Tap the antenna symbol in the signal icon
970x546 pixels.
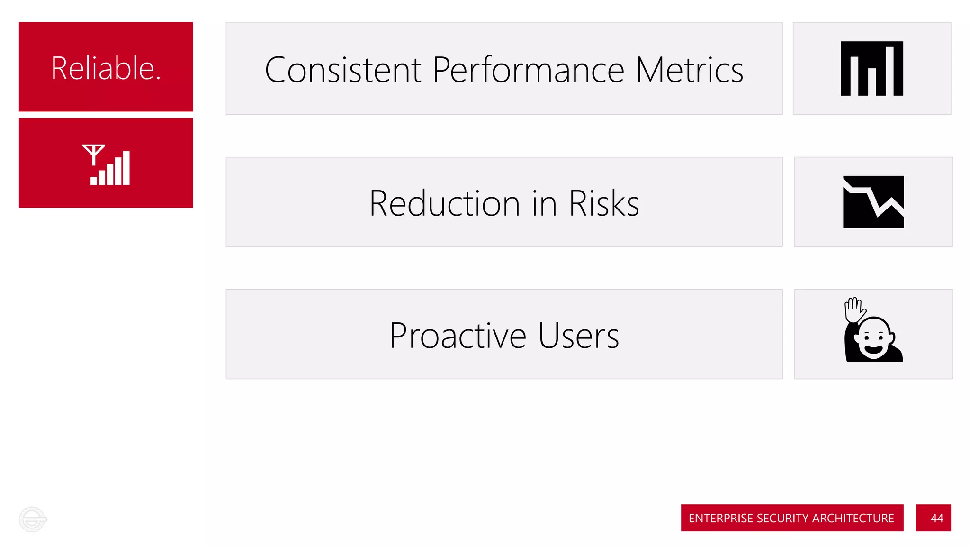pos(93,154)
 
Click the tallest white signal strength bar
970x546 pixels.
pos(126,168)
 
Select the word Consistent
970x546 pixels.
pos(343,70)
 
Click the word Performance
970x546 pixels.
pos(528,70)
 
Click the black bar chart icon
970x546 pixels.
pos(871,69)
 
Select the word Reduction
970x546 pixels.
pos(445,203)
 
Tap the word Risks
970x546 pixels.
pos(604,203)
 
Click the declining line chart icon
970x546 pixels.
pos(873,202)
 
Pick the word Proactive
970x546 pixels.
pos(458,336)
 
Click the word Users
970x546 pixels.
pos(578,336)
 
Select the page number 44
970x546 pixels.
pos(936,518)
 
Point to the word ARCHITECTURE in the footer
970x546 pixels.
pos(853,518)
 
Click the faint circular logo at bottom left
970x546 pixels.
pos(33,519)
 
